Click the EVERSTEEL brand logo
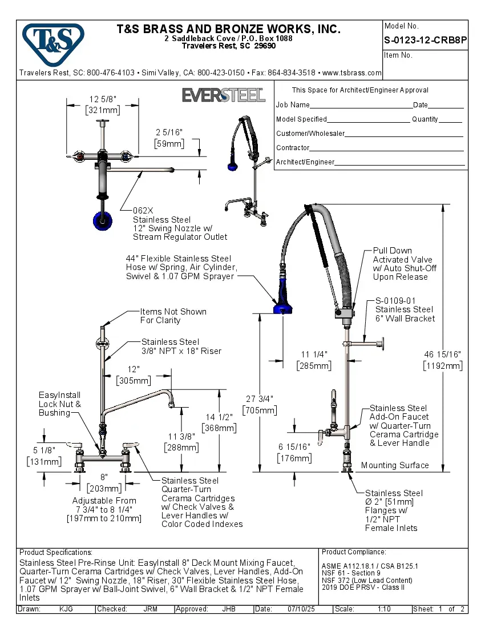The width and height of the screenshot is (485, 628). click(x=223, y=95)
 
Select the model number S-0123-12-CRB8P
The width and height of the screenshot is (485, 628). click(x=426, y=41)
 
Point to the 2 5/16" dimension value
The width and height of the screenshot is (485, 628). click(x=169, y=132)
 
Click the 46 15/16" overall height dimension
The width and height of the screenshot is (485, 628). click(x=442, y=355)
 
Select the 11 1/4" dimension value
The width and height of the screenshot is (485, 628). click(x=313, y=355)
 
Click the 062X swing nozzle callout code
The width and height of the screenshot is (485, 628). click(x=143, y=210)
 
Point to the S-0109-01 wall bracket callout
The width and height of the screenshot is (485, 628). click(x=395, y=300)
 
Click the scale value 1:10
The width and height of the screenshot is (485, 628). click(x=384, y=609)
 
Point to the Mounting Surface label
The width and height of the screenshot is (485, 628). click(x=394, y=465)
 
